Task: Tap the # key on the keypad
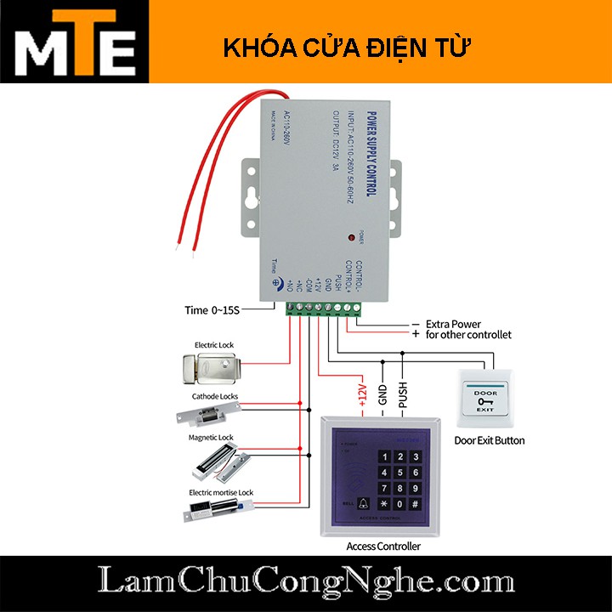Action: click(414, 504)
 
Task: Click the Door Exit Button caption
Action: click(489, 440)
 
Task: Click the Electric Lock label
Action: click(214, 345)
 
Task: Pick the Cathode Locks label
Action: click(215, 396)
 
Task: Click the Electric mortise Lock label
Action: click(221, 492)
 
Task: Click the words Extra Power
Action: click(453, 324)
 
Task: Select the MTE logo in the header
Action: click(75, 42)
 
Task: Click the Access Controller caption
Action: click(384, 547)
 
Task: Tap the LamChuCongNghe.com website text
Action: click(305, 582)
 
